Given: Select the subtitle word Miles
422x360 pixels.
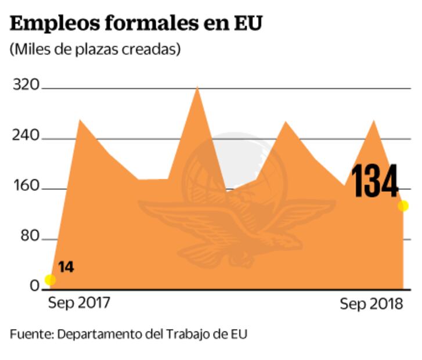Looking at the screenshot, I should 30,50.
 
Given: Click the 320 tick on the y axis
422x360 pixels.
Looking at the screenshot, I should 26,86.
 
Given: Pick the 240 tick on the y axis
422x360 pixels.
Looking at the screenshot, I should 26,136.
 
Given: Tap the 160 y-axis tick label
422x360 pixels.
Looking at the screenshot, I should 26,187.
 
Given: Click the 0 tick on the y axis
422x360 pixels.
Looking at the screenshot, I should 34,286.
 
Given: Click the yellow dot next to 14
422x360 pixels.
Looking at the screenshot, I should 50,280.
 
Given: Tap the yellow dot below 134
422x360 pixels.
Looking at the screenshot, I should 403,206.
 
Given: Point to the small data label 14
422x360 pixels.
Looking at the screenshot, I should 66,268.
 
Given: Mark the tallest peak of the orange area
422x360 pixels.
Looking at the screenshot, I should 198,88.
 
